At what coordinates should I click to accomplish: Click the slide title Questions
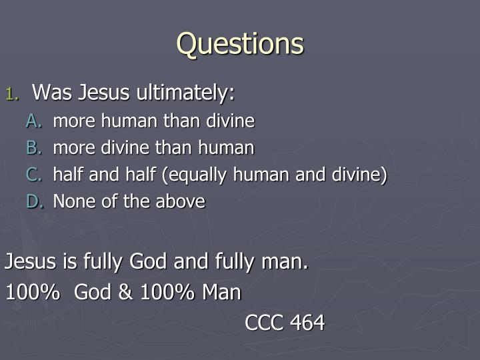pyautogui.click(x=240, y=44)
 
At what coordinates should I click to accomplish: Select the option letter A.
pyautogui.click(x=35, y=121)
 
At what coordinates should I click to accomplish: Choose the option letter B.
pyautogui.click(x=35, y=147)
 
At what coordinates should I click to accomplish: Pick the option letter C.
pyautogui.click(x=35, y=174)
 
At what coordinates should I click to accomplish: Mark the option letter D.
pyautogui.click(x=35, y=201)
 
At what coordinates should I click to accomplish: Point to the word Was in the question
pyautogui.click(x=50, y=92)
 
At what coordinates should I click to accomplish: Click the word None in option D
pyautogui.click(x=72, y=201)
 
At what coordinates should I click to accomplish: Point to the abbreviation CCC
pyautogui.click(x=264, y=323)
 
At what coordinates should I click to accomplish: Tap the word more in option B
pyautogui.click(x=71, y=147)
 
